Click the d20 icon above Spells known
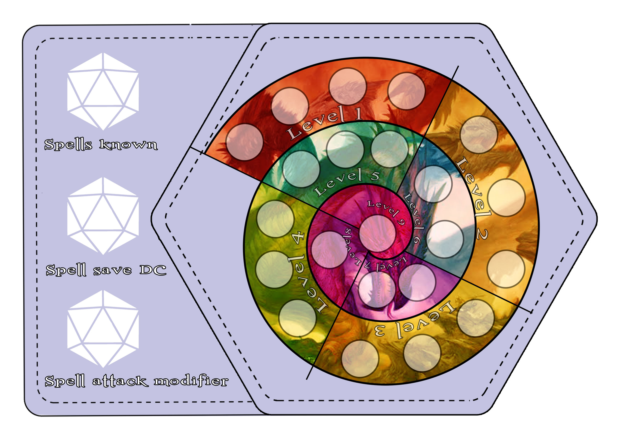tap(103, 91)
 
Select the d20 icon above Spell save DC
tap(103, 216)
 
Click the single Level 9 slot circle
tap(377, 233)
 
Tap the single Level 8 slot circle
tap(330, 250)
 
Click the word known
tap(128, 144)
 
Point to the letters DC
tap(153, 270)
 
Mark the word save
tap(112, 271)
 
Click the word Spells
tap(68, 144)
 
